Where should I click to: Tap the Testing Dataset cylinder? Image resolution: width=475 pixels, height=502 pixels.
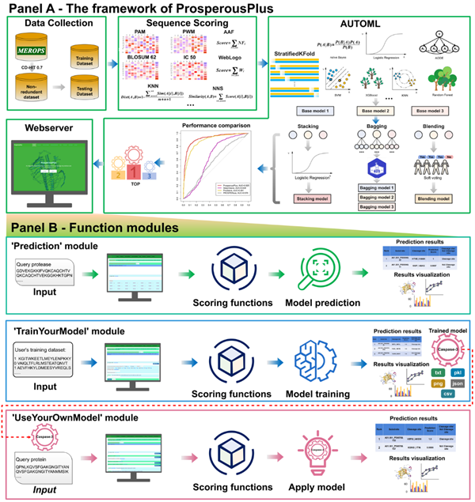[83, 92]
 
